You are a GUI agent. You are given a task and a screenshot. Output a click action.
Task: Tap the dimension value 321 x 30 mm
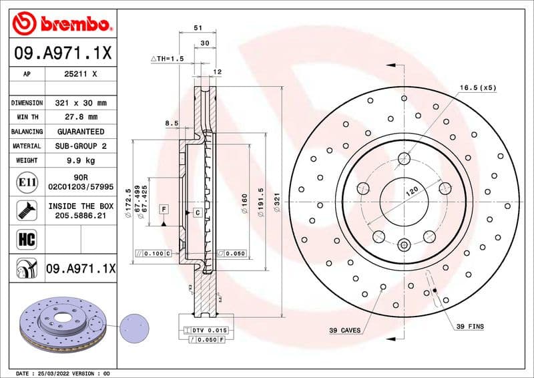coord(80,104)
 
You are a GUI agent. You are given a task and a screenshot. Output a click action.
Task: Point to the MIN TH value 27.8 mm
coord(80,118)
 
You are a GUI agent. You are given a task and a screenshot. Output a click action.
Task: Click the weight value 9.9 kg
coord(80,160)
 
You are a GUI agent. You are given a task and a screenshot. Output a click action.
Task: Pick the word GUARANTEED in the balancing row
coord(80,132)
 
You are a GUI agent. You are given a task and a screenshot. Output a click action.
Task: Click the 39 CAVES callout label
coord(344,330)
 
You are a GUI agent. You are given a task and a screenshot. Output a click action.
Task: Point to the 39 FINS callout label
coord(470,326)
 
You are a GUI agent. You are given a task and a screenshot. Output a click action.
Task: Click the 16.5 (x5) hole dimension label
coord(477,87)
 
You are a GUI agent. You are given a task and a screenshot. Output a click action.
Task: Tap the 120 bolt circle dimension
coord(413,190)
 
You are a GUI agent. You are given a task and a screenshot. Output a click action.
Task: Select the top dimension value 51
coord(198,28)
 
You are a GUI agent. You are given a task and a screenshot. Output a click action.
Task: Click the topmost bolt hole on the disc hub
coord(404,159)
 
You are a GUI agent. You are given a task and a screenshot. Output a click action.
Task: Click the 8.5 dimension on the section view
coord(171,123)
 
